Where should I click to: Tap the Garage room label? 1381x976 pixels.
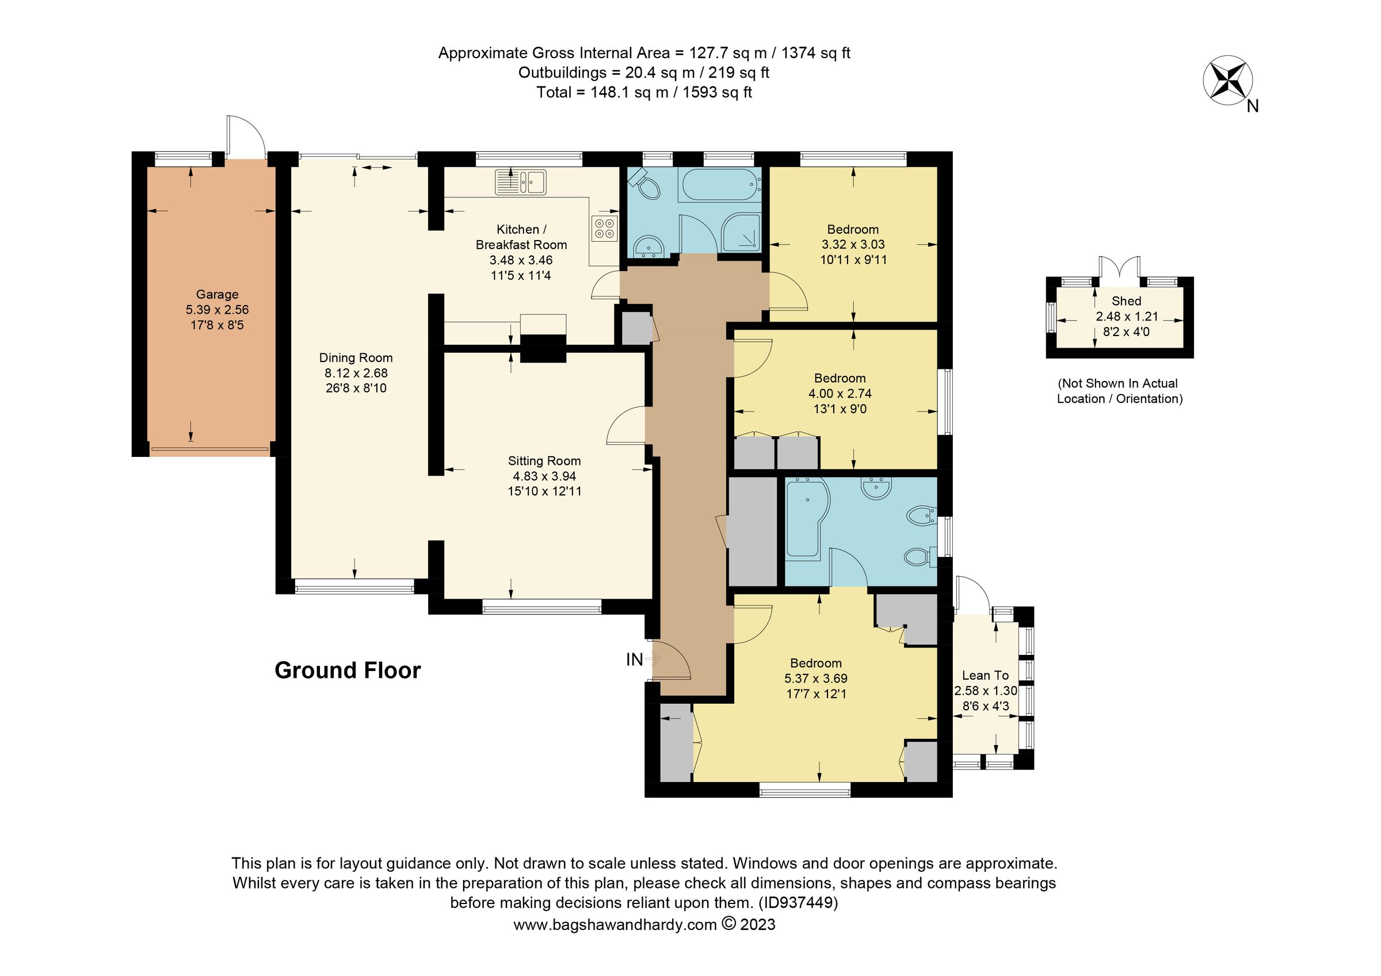coord(217,295)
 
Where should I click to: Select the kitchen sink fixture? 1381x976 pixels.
coord(521,182)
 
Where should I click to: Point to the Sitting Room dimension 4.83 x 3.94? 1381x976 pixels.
coord(544,476)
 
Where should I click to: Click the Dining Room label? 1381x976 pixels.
coord(356,358)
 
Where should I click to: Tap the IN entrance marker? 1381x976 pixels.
coord(635,659)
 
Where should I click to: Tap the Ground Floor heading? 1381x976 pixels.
coord(348,670)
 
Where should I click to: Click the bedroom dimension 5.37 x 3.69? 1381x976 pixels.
coord(815,678)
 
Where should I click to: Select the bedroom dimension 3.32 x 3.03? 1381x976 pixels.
coord(853,245)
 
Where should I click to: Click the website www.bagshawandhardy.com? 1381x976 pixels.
coord(615,924)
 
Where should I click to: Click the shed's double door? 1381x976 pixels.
coord(1119,268)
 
